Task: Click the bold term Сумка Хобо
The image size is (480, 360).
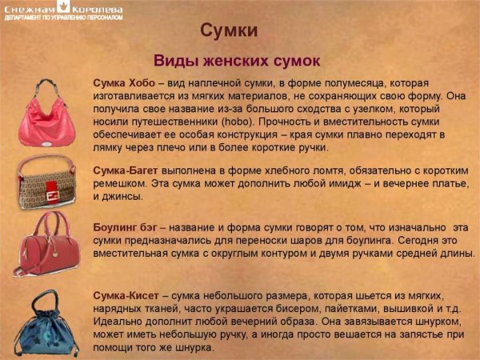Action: point(124,84)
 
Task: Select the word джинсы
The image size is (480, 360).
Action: point(120,196)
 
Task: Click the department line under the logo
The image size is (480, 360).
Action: point(64,18)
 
